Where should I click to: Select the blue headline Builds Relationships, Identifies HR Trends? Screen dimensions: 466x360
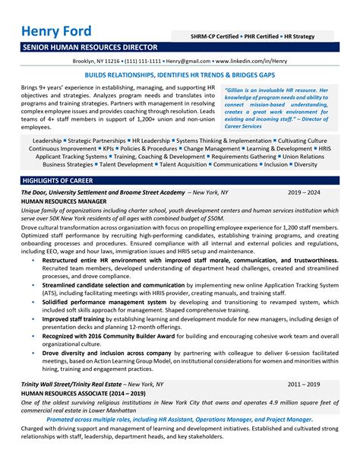pyautogui.click(x=179, y=77)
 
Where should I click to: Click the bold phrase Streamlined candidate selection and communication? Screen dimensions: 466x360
pyautogui.click(x=113, y=285)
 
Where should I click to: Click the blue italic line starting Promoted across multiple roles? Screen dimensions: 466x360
pyautogui.click(x=179, y=440)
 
